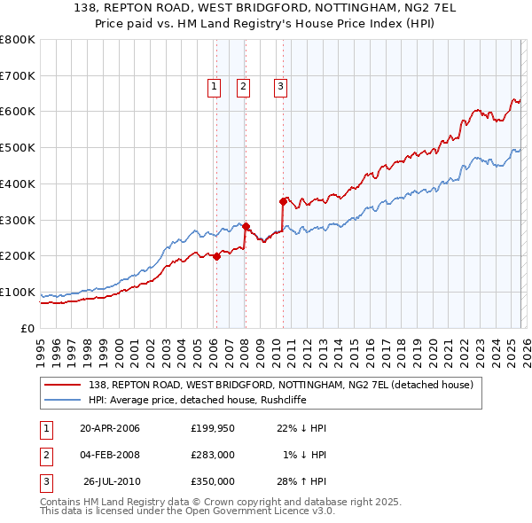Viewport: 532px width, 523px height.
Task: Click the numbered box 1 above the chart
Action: coord(215,87)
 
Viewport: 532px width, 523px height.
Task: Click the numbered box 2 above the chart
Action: coord(243,87)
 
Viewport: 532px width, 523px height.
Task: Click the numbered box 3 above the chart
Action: coord(280,87)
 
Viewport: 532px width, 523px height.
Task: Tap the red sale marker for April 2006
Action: coord(216,257)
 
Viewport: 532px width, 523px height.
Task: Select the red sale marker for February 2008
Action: coord(245,226)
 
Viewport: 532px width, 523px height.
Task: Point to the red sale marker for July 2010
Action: coord(284,201)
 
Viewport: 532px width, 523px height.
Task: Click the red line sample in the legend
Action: coord(63,385)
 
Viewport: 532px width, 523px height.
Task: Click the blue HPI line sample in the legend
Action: coord(63,400)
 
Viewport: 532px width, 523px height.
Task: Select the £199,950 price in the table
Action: coord(212,428)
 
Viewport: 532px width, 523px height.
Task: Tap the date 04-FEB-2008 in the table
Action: coord(109,455)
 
